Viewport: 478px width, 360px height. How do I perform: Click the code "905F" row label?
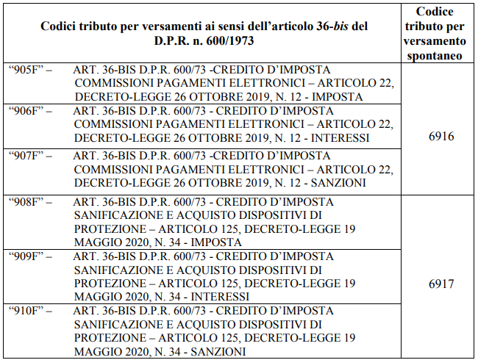coord(29,70)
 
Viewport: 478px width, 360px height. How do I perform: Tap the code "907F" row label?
coord(29,155)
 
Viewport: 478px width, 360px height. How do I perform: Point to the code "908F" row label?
coord(29,202)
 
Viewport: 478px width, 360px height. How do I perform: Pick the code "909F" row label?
coord(29,256)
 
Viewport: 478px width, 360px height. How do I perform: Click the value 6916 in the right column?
coord(441,137)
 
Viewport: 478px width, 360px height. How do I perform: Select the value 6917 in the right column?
coord(441,283)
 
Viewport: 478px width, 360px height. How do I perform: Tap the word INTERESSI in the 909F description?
coord(220,297)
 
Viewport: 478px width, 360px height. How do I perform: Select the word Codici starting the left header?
coord(60,26)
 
